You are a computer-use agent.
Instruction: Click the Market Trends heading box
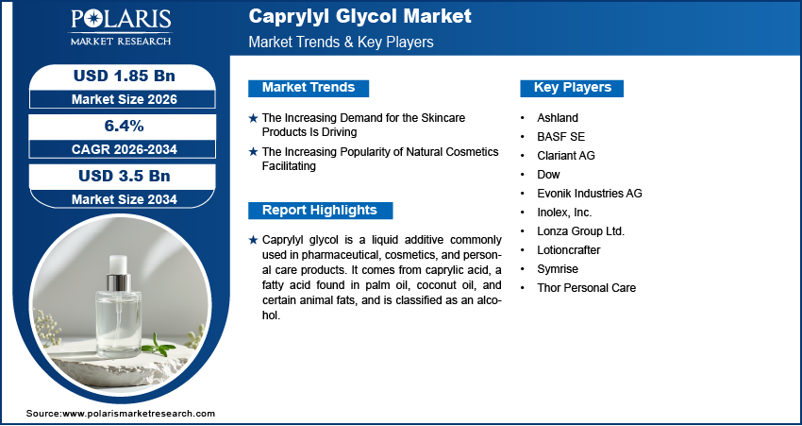(309, 88)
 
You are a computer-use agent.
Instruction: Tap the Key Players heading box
(573, 88)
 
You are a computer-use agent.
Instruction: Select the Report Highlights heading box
(320, 211)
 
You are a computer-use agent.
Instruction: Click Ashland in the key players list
(558, 118)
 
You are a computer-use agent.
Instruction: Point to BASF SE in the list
(560, 137)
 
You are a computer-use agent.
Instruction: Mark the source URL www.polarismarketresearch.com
(139, 414)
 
